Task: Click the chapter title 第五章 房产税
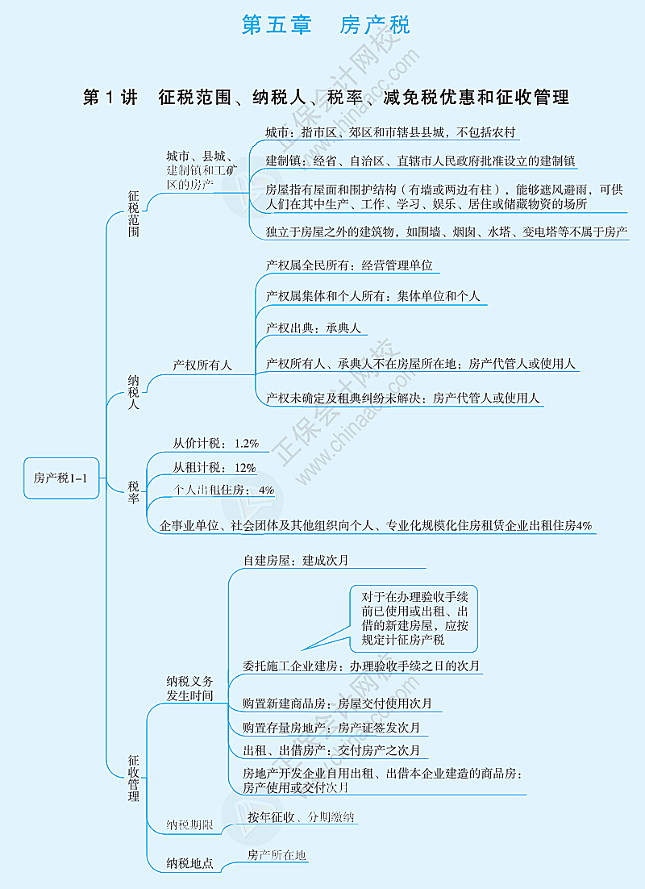326,25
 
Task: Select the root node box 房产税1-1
61,478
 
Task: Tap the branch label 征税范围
134,213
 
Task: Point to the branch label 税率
134,492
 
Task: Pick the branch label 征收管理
134,778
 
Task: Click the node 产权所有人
202,365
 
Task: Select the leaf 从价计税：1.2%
215,443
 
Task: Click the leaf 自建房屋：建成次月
296,559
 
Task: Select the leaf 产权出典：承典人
314,328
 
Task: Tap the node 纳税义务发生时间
190,688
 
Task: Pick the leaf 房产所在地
277,854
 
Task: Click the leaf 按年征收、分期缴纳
301,817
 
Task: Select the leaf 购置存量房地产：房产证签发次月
331,728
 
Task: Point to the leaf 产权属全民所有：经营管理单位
349,265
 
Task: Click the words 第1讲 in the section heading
110,98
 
